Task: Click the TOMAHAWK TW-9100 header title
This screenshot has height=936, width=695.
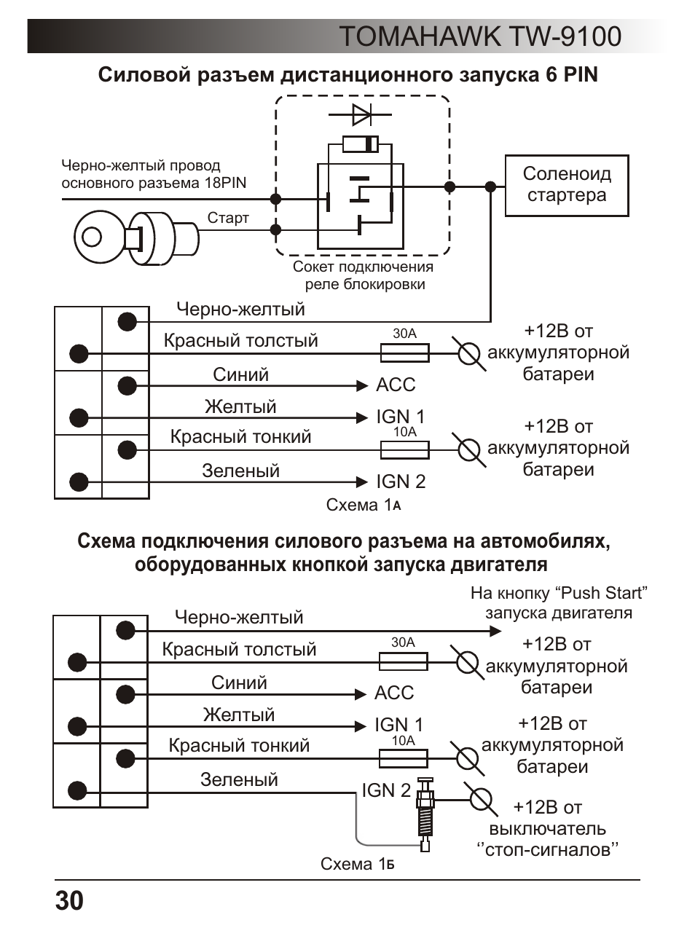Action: point(481,36)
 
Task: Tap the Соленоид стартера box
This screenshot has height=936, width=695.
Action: point(567,186)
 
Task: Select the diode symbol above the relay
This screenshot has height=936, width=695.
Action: point(360,114)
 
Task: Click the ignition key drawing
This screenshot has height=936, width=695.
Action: point(136,238)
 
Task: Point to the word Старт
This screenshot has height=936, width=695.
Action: point(228,219)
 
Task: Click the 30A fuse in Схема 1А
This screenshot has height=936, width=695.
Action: point(404,353)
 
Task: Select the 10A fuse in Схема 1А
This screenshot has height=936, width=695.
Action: point(404,450)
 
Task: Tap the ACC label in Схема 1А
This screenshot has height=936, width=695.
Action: point(396,385)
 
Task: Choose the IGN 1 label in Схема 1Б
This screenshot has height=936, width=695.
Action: point(398,725)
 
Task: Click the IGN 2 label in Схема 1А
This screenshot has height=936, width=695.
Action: point(401,481)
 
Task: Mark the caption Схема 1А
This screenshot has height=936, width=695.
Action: point(363,505)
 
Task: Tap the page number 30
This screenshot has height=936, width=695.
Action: point(69,900)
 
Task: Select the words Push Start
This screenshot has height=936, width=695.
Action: point(604,593)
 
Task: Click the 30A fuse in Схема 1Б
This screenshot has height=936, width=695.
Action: point(404,661)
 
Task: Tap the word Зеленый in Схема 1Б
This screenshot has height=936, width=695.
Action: point(239,779)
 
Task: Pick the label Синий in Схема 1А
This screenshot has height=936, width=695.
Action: point(240,374)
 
